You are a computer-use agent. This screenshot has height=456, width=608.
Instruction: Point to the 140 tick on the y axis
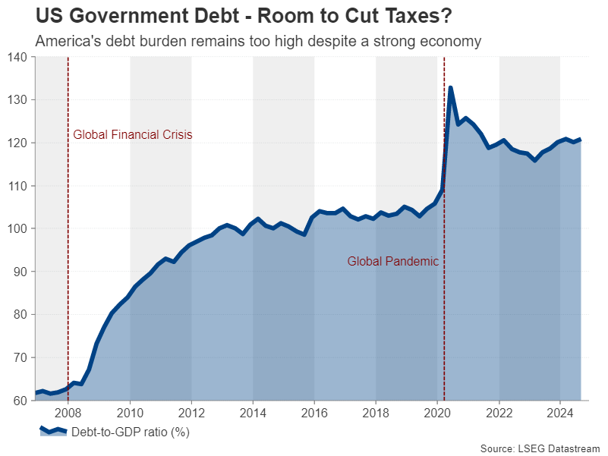[x=18, y=58]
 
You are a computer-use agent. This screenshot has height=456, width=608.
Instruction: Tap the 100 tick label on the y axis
[x=18, y=229]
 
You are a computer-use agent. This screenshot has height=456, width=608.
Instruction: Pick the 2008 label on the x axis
[x=68, y=414]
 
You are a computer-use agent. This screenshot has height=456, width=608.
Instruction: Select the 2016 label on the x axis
[x=313, y=414]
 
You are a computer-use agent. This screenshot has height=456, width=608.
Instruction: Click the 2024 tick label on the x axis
[x=559, y=414]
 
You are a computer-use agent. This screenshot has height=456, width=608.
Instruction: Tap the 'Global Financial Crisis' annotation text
[x=132, y=135]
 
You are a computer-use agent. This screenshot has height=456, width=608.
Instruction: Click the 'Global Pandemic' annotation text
[x=393, y=262]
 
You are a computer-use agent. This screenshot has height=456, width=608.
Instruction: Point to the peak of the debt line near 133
[x=451, y=88]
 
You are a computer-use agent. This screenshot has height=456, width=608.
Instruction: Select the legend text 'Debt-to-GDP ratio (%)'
[x=130, y=433]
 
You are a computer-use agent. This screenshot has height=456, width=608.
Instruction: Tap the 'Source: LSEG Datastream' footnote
[x=540, y=449]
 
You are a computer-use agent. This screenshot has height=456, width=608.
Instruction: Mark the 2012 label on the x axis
[x=191, y=414]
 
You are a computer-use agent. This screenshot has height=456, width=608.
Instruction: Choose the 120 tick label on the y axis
[x=18, y=143]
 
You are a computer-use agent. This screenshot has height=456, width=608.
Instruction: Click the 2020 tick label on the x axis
[x=436, y=414]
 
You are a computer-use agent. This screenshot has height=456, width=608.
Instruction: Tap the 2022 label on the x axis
[x=498, y=414]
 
